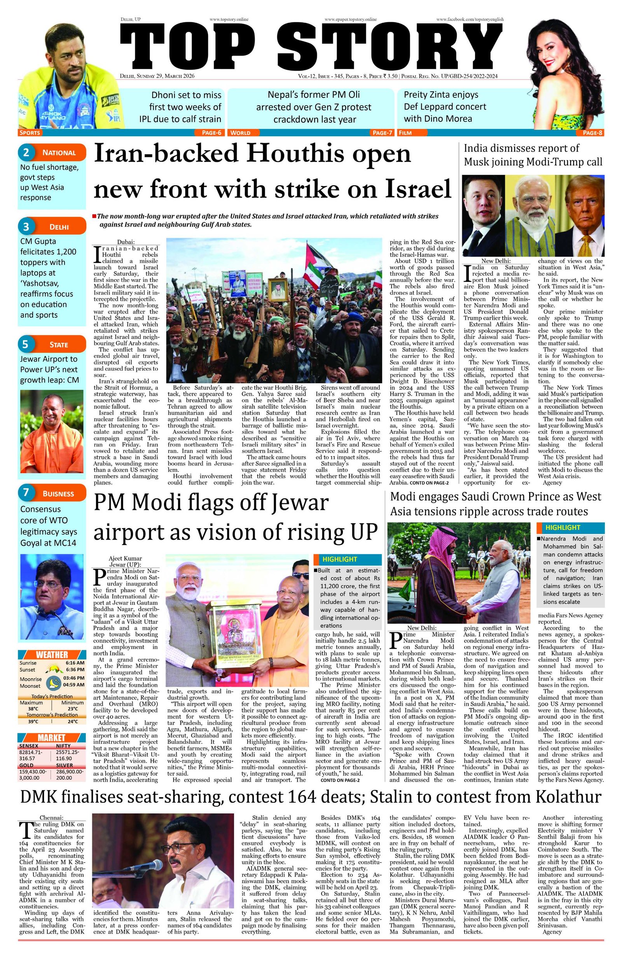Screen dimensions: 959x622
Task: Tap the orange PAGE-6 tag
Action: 208,132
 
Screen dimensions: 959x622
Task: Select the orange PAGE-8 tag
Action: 592,132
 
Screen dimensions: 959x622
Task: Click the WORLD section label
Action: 240,132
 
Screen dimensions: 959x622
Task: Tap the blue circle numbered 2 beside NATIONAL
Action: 26,152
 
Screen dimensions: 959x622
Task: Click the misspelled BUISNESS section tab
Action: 58,494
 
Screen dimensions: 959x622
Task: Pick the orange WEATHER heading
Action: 52,654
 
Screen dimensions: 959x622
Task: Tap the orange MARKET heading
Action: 52,738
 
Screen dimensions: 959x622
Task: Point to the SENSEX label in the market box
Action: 29,746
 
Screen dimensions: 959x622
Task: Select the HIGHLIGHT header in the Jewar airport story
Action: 340,559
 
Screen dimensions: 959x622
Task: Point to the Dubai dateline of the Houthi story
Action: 126,242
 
